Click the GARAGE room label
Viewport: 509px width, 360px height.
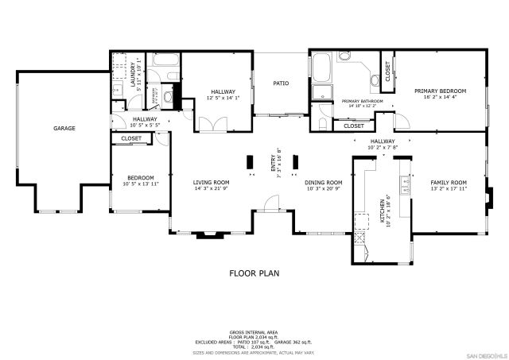pyautogui.click(x=64, y=128)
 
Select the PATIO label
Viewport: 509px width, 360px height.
pyautogui.click(x=281, y=83)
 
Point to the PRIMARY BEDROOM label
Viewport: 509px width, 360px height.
pyautogui.click(x=440, y=91)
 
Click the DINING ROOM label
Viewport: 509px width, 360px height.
pyautogui.click(x=324, y=182)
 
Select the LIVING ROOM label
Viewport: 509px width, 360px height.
pyautogui.click(x=211, y=182)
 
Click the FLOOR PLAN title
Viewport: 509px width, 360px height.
pyautogui.click(x=254, y=273)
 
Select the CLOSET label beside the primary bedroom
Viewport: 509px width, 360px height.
pyautogui.click(x=387, y=72)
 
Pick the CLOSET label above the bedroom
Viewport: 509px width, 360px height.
pyautogui.click(x=131, y=138)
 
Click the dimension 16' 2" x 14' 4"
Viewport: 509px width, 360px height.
pyautogui.click(x=440, y=98)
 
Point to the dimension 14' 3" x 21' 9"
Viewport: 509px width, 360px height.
pyautogui.click(x=211, y=189)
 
